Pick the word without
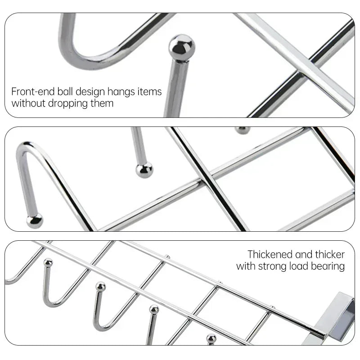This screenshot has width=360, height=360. tap(27, 103)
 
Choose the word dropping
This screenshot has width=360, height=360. tap(66, 103)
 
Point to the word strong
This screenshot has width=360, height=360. tap(273, 266)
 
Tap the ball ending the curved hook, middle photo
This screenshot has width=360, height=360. tap(34, 220)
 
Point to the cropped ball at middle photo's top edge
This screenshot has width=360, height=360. tap(243, 130)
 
